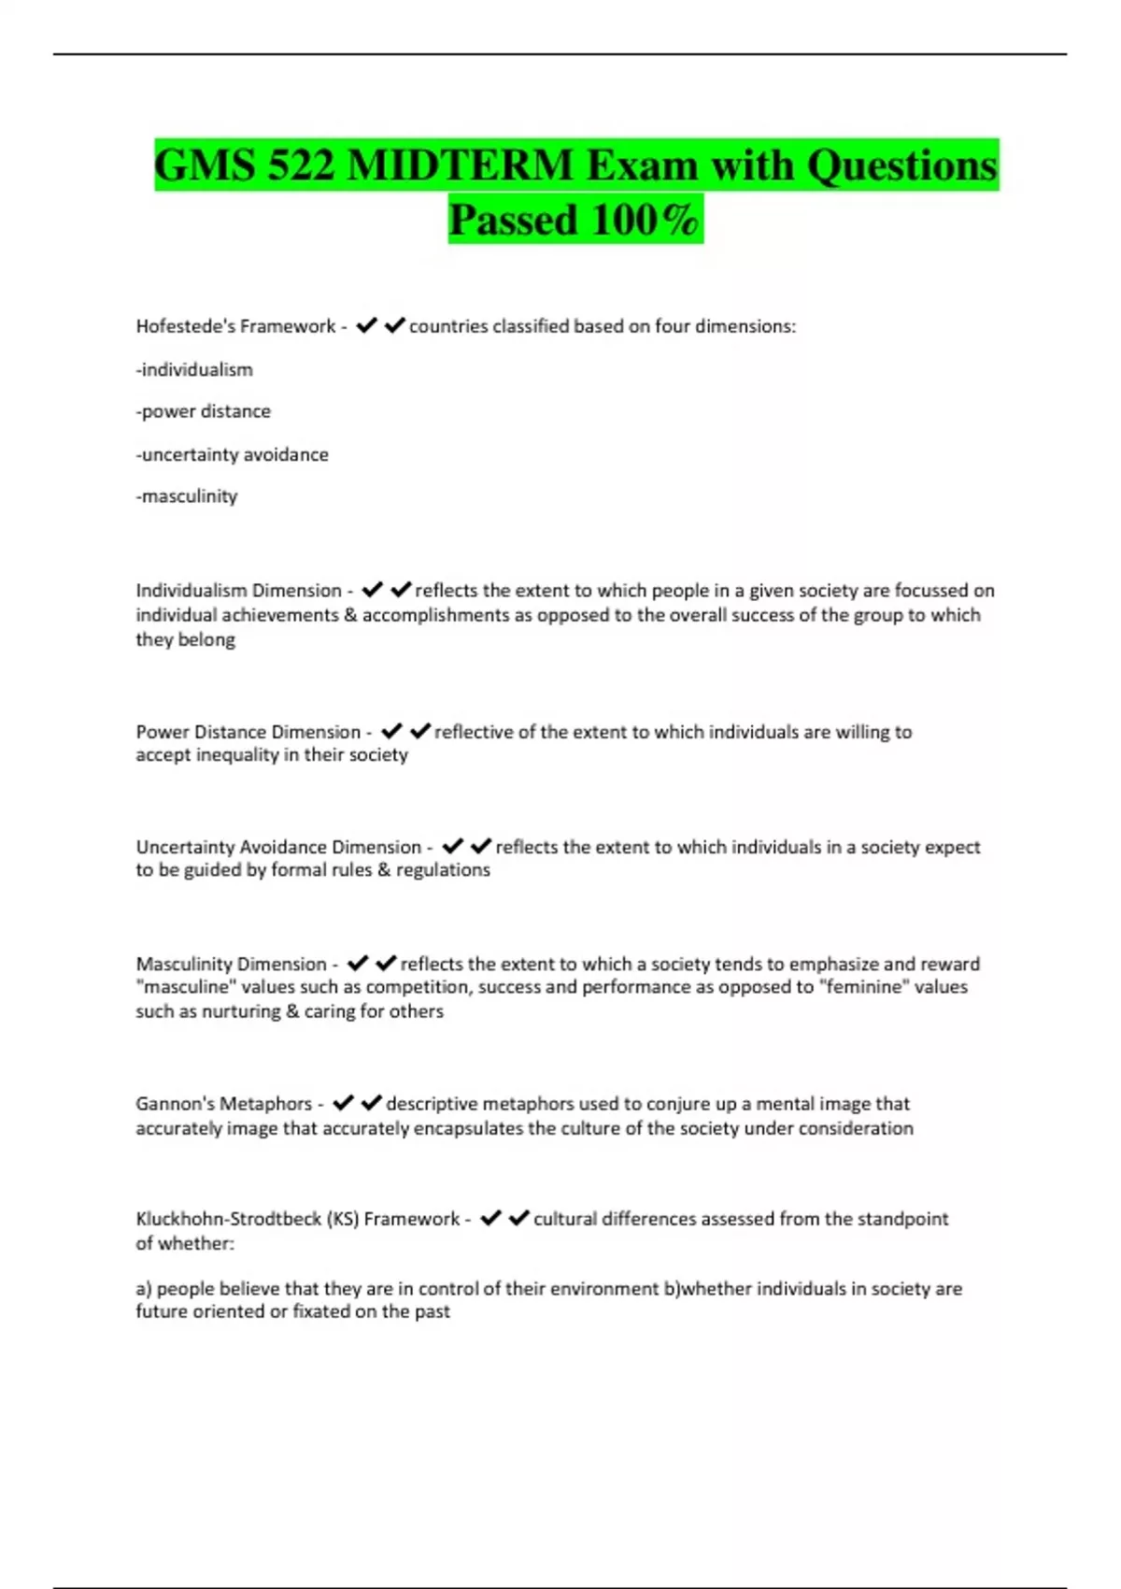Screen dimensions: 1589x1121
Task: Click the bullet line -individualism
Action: [x=194, y=369]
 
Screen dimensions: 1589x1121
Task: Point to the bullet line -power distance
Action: [x=204, y=411]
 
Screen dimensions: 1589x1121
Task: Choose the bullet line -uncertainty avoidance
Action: [x=233, y=454]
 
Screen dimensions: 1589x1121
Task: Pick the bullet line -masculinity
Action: [x=187, y=496]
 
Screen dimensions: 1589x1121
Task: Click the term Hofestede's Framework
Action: [x=235, y=326]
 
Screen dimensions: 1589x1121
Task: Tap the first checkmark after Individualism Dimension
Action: [x=372, y=590]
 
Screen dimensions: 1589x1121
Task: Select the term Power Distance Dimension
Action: [x=248, y=732]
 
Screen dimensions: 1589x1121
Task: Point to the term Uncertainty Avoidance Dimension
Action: [x=278, y=847]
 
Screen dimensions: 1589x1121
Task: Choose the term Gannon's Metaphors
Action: [x=224, y=1104]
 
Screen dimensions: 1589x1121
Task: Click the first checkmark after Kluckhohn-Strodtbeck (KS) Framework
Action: [x=490, y=1218]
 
